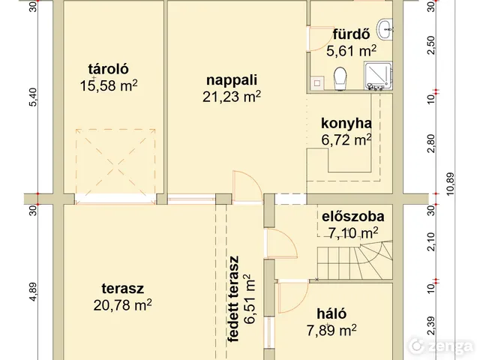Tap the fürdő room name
[350, 34]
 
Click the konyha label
[346, 124]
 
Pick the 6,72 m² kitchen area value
[346, 139]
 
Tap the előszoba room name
[349, 217]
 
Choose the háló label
[331, 313]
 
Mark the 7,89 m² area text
[331, 328]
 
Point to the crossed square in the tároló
[115, 160]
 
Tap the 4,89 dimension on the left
[33, 291]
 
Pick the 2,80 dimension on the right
[430, 143]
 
